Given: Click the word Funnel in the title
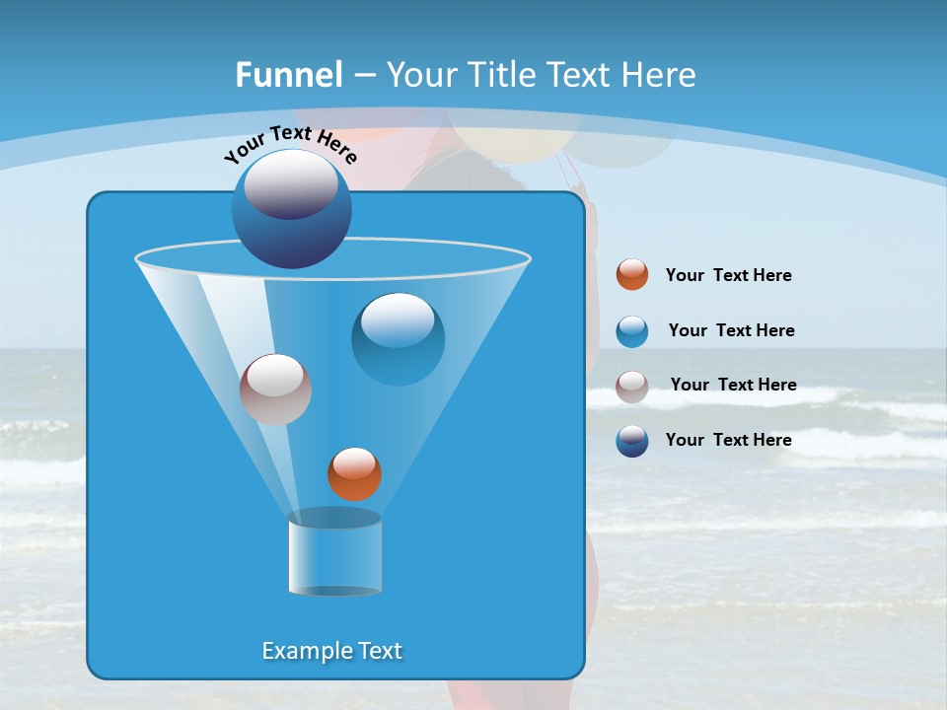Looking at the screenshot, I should click(288, 75).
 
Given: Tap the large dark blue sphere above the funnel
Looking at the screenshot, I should click(291, 208).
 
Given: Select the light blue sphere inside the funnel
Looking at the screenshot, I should click(398, 339).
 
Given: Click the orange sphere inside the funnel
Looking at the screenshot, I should click(354, 473).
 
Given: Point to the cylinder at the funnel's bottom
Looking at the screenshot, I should click(334, 553).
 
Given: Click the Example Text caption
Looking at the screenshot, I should click(331, 651).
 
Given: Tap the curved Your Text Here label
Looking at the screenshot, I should click(290, 144).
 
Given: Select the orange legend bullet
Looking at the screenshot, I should click(632, 275).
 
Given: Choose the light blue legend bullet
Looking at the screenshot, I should click(632, 331).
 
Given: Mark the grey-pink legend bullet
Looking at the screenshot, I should click(632, 387).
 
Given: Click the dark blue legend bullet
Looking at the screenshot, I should click(632, 441).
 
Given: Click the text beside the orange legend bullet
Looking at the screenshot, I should click(728, 276).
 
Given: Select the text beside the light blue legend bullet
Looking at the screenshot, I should click(731, 331).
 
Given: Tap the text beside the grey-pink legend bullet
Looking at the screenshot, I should click(733, 386).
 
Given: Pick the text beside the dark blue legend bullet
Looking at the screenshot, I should click(728, 441).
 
